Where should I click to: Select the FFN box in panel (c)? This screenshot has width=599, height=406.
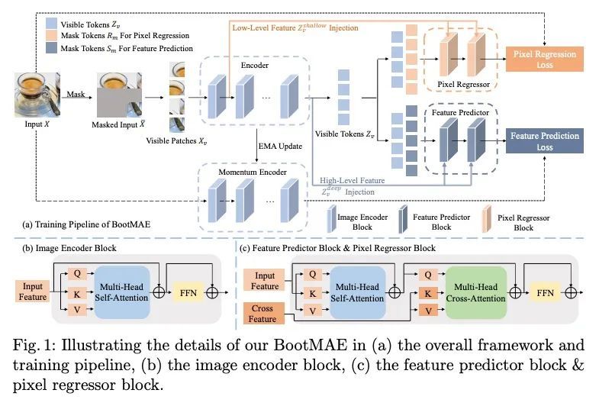545,291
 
